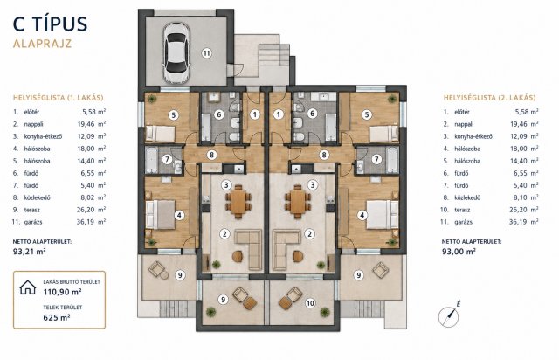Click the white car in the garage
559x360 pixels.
tap(176, 52)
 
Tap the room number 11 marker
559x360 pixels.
tap(206, 53)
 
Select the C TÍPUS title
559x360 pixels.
tap(51, 24)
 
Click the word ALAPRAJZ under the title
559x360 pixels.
tap(43, 44)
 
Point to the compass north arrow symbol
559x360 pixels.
tap(449, 316)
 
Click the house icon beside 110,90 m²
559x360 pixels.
tap(28, 287)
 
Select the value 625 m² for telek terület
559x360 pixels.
tap(57, 317)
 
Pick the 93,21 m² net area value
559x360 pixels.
tap(29, 251)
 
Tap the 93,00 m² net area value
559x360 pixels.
tap(459, 251)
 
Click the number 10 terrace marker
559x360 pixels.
tap(310, 303)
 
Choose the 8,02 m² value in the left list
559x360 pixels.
tap(92, 197)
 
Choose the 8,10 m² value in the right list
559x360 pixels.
tap(524, 197)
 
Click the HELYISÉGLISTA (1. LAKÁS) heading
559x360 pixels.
tap(59, 97)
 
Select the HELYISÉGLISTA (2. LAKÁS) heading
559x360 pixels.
tap(489, 97)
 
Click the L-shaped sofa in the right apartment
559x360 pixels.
tap(287, 249)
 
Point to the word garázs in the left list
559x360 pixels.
tap(33, 222)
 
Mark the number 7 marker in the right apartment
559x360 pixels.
tap(376, 159)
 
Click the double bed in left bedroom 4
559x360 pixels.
tap(161, 214)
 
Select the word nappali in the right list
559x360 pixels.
tap(464, 124)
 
